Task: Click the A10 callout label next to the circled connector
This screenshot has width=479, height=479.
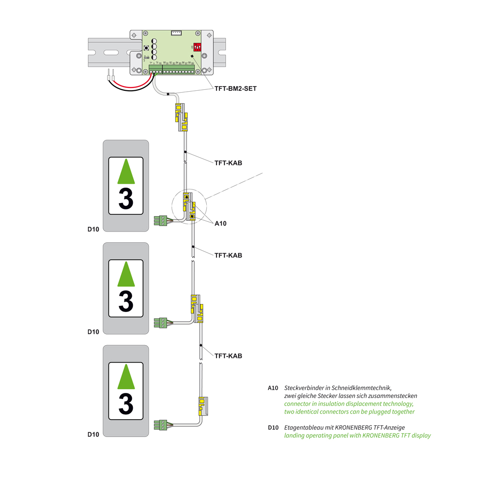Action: [x=220, y=224]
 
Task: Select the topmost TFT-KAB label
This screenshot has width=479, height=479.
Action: [x=228, y=163]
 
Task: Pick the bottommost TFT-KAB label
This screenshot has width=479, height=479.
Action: [x=228, y=356]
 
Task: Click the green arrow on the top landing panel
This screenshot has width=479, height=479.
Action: [x=125, y=172]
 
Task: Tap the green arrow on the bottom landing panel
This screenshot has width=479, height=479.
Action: [x=125, y=377]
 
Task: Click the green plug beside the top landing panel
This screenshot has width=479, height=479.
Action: [x=160, y=220]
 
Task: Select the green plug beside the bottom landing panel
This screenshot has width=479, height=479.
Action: [x=160, y=425]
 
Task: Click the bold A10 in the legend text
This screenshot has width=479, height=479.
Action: [x=273, y=388]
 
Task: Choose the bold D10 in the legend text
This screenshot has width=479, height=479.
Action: [x=273, y=428]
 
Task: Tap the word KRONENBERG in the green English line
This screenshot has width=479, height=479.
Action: [x=378, y=435]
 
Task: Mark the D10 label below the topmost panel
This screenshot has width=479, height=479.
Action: [x=93, y=229]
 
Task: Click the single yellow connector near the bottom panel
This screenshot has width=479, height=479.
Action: [x=203, y=405]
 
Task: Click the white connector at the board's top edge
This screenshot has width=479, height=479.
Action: [x=176, y=33]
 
